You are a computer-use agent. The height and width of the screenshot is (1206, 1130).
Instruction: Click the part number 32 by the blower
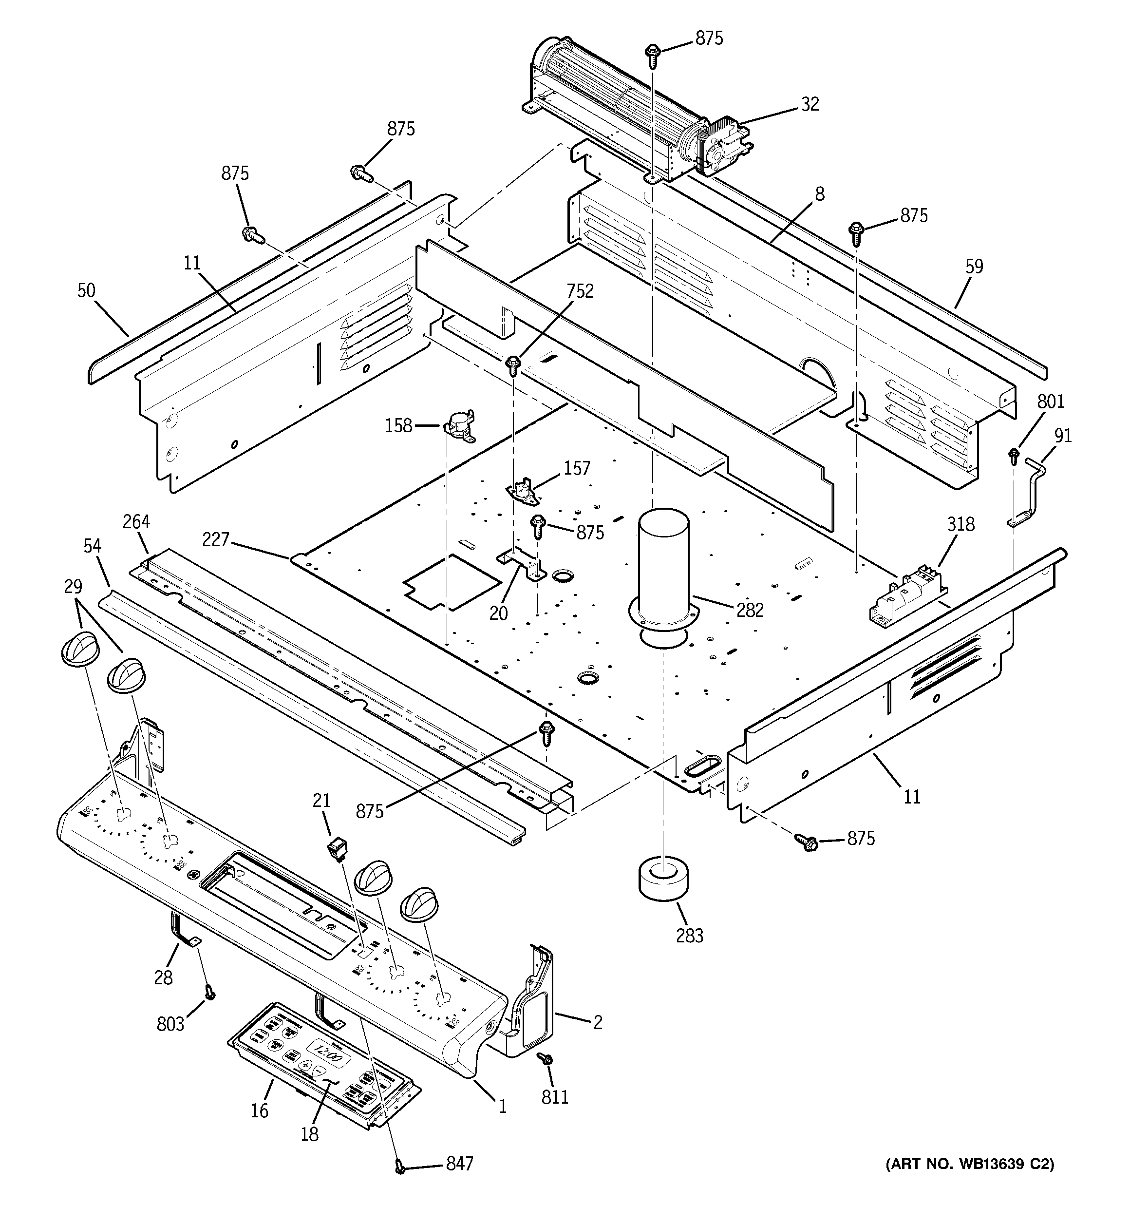click(x=810, y=104)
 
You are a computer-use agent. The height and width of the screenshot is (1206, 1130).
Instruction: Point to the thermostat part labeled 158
click(x=462, y=423)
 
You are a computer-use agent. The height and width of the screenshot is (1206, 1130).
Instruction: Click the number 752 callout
click(x=580, y=291)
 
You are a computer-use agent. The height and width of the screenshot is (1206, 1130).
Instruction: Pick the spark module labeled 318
click(x=907, y=596)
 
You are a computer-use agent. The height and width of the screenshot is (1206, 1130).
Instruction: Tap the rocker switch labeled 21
click(x=337, y=847)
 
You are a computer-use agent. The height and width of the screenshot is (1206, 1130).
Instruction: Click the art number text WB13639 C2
click(x=969, y=1164)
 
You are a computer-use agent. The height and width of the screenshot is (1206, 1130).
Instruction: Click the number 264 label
click(x=136, y=522)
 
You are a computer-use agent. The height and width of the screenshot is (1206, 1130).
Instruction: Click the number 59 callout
click(x=974, y=267)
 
